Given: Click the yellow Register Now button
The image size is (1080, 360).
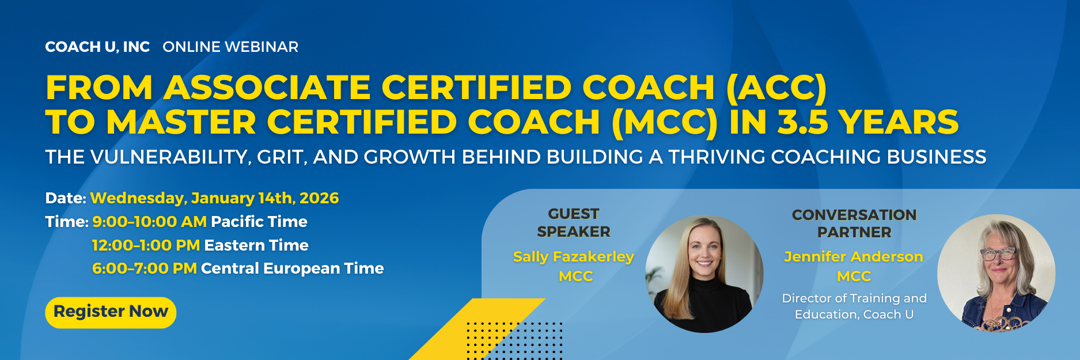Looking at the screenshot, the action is click(x=111, y=312).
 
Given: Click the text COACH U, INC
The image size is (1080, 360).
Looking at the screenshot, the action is click(x=97, y=47).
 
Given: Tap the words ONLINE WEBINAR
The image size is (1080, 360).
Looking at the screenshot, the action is click(x=230, y=47).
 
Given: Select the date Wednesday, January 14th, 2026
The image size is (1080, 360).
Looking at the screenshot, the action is click(x=214, y=198).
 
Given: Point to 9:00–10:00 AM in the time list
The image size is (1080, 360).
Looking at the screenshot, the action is click(x=149, y=222).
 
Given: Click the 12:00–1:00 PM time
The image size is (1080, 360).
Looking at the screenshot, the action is click(x=146, y=245).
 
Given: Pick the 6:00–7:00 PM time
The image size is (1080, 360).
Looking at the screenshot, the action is click(x=145, y=268).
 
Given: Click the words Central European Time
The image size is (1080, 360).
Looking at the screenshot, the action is click(x=292, y=268).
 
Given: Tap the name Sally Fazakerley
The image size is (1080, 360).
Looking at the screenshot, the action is click(x=574, y=257).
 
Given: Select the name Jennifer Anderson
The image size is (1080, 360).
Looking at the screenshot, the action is click(x=854, y=257).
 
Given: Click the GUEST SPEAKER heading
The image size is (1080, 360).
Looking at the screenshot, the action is click(x=574, y=223).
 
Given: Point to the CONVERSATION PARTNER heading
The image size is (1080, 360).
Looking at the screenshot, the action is click(x=854, y=223).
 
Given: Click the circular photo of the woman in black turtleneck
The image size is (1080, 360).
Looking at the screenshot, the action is click(x=704, y=274).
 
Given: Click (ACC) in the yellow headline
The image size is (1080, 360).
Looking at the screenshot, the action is click(x=776, y=88).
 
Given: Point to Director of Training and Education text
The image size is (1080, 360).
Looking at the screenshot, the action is click(x=854, y=306).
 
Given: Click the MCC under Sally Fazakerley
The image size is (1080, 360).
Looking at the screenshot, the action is click(x=575, y=276).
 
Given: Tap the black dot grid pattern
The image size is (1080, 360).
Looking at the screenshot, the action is click(x=514, y=341).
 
